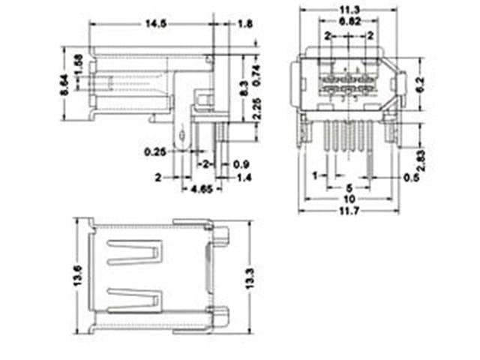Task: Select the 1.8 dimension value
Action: [245, 24]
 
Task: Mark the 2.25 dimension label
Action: [256, 111]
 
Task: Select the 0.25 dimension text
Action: [156, 152]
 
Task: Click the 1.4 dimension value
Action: [245, 177]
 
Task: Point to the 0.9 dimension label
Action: [241, 164]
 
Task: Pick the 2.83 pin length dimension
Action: [421, 160]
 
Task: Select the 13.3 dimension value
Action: [250, 277]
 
